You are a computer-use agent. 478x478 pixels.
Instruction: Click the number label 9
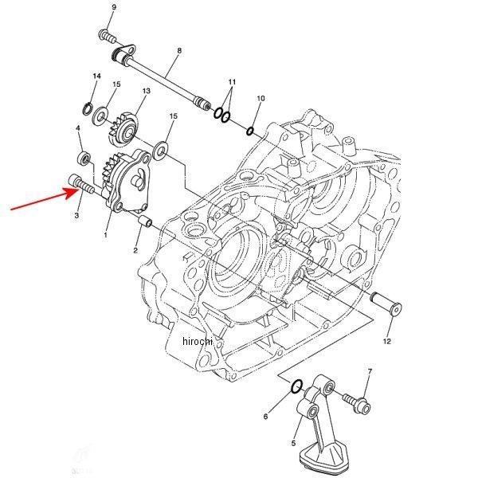coord(113,7)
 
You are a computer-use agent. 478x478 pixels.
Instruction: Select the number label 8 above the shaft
coord(179,51)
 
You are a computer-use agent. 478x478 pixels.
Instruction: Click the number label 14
coord(96,76)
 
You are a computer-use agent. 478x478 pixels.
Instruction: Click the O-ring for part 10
coord(251,130)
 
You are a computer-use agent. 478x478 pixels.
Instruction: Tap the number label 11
coord(232,82)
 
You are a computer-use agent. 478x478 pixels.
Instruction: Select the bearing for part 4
coord(84,151)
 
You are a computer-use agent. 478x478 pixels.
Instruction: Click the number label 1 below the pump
coord(105,236)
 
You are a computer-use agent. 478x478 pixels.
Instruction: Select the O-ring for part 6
coord(295,387)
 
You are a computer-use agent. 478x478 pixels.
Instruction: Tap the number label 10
coord(260,98)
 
